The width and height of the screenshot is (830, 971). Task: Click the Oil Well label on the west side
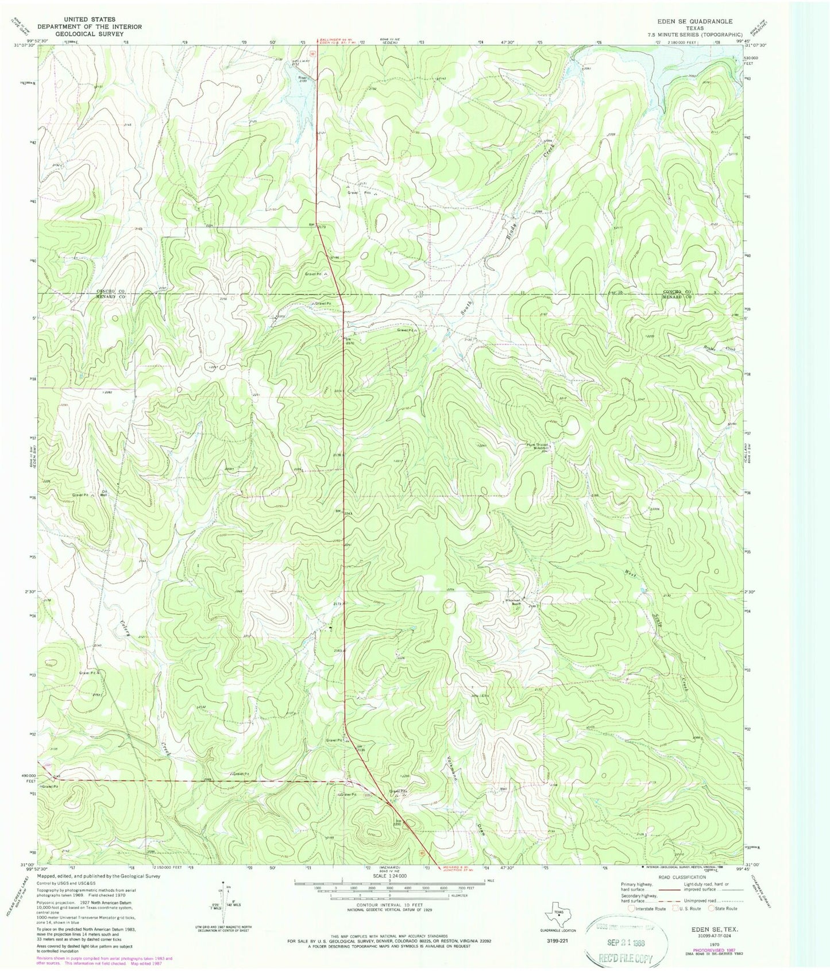pyautogui.click(x=104, y=493)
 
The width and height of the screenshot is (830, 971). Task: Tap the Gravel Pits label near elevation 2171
pyautogui.click(x=358, y=193)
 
